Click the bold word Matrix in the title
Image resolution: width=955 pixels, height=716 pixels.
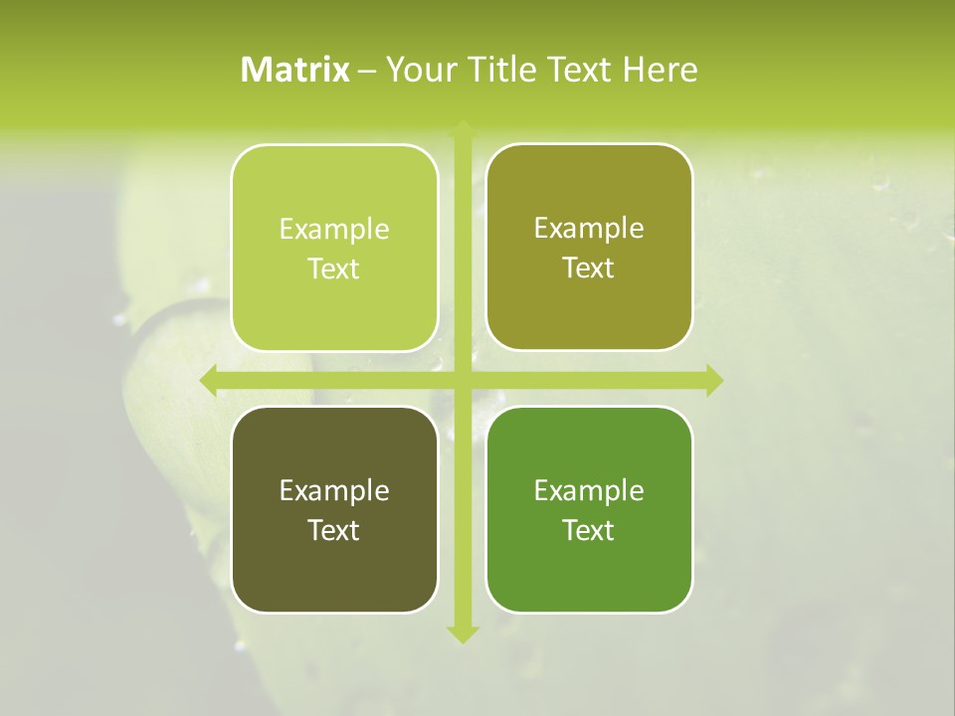[295, 70]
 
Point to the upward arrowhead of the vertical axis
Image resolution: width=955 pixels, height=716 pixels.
[463, 128]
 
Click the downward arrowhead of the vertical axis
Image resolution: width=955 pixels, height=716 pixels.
[463, 633]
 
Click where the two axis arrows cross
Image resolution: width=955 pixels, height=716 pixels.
[463, 379]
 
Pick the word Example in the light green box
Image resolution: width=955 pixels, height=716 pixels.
[334, 230]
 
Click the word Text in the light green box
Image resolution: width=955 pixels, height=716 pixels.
[334, 269]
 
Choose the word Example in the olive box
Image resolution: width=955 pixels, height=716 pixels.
[589, 229]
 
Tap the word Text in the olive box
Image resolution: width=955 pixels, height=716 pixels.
[589, 268]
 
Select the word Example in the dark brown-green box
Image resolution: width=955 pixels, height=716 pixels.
[334, 491]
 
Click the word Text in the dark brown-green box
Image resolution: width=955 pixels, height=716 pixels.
[334, 531]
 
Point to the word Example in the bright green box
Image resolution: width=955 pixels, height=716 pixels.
[589, 491]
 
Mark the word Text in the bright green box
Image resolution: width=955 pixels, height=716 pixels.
[589, 531]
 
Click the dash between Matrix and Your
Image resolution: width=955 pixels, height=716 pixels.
[368, 71]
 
